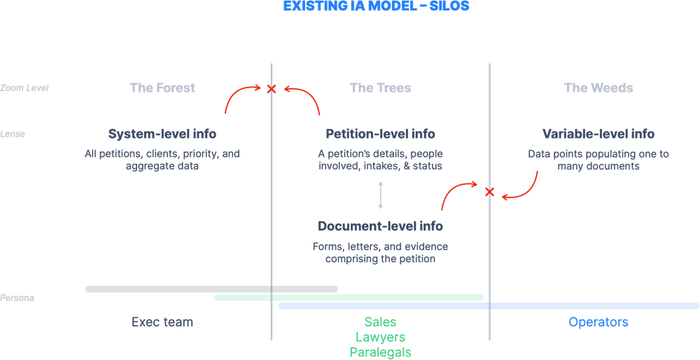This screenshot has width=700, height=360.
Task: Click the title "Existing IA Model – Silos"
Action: [x=376, y=6]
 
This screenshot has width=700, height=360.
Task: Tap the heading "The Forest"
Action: [x=162, y=88]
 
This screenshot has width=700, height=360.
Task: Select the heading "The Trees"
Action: [x=380, y=88]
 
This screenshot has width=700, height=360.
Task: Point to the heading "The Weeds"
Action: [x=598, y=88]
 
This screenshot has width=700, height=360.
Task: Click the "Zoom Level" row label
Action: [x=24, y=88]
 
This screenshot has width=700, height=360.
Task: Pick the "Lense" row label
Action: [x=13, y=134]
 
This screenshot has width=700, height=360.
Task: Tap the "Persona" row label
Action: [x=17, y=298]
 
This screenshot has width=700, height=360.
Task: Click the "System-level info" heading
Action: [x=162, y=134]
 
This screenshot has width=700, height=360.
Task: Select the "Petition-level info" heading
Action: [x=380, y=134]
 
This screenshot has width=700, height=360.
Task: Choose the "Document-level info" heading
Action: [x=380, y=226]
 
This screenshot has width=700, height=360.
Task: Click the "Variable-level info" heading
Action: [x=598, y=134]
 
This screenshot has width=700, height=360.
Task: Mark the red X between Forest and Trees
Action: [x=272, y=88]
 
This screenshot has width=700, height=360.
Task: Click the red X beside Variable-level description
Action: [x=489, y=192]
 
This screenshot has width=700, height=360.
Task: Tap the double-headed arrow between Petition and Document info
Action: [x=381, y=195]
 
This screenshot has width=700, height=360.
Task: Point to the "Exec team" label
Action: [x=162, y=322]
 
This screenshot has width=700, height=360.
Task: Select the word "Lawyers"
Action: [x=380, y=338]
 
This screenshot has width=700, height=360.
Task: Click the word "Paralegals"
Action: [x=380, y=352]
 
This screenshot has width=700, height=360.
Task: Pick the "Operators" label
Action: [x=598, y=322]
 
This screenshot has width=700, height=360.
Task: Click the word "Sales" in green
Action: [x=380, y=322]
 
